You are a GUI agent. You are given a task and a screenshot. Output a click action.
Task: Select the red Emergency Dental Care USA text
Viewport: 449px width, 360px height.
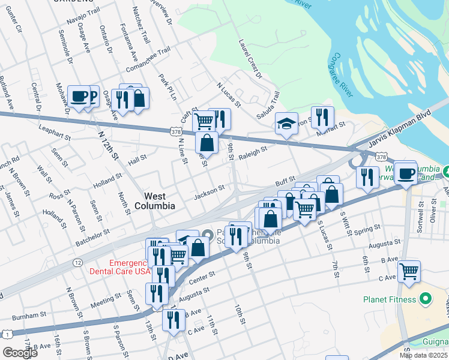tap(128, 267)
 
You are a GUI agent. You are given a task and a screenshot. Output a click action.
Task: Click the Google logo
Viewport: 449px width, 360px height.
tap(20, 353)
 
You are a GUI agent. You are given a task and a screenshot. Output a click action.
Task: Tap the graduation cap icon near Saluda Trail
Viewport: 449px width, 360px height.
tap(286, 124)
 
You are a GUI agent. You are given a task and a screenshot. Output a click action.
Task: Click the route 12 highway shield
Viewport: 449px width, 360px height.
tap(77, 263)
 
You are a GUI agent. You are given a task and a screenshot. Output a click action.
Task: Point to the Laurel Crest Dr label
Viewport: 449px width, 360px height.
tap(250, 59)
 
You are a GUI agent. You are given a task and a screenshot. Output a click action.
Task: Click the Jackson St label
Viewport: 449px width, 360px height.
tap(209, 192)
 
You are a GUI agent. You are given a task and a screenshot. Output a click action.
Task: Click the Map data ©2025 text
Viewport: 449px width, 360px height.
tap(423, 355)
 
